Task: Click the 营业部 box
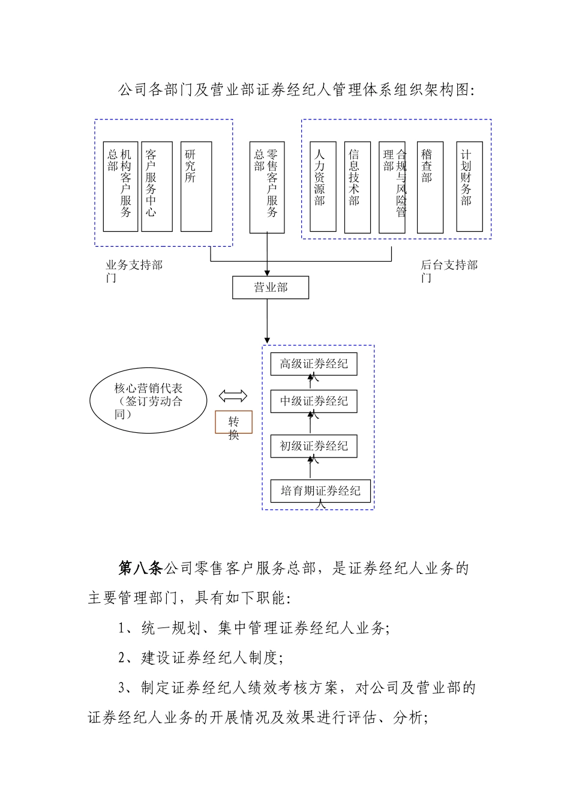point(271,288)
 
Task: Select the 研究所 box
point(196,187)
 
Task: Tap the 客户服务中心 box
point(157,187)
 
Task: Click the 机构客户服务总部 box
point(121,187)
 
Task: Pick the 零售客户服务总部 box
point(267,187)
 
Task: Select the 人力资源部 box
point(323,187)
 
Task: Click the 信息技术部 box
point(358,187)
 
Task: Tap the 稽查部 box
point(430,187)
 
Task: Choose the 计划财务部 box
point(469,187)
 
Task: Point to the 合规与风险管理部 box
point(392,187)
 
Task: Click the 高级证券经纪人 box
point(314,364)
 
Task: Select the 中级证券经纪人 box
point(314,402)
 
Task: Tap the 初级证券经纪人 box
point(314,446)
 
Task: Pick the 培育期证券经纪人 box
point(320,491)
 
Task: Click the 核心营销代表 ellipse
point(148,401)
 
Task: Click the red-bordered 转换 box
point(233,422)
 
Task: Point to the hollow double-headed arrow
point(233,396)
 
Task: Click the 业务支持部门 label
point(134,271)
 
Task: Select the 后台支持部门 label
point(449,271)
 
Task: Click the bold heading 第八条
point(140,568)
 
